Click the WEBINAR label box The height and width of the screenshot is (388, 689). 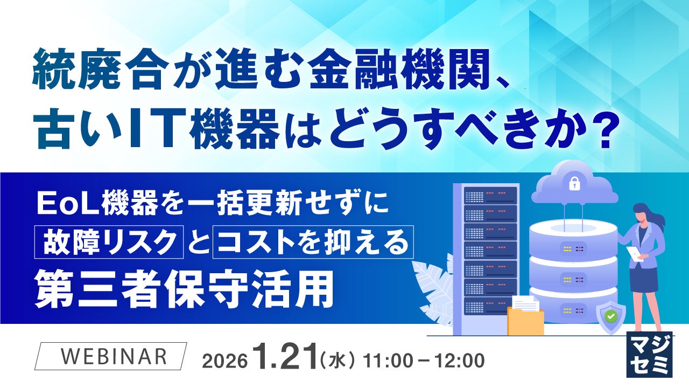[x=110, y=356]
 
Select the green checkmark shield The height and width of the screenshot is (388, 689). [x=610, y=317]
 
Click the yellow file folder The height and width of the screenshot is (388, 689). [x=525, y=321]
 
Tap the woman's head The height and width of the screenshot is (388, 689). [x=641, y=214]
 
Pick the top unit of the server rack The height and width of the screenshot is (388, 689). [x=490, y=195]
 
